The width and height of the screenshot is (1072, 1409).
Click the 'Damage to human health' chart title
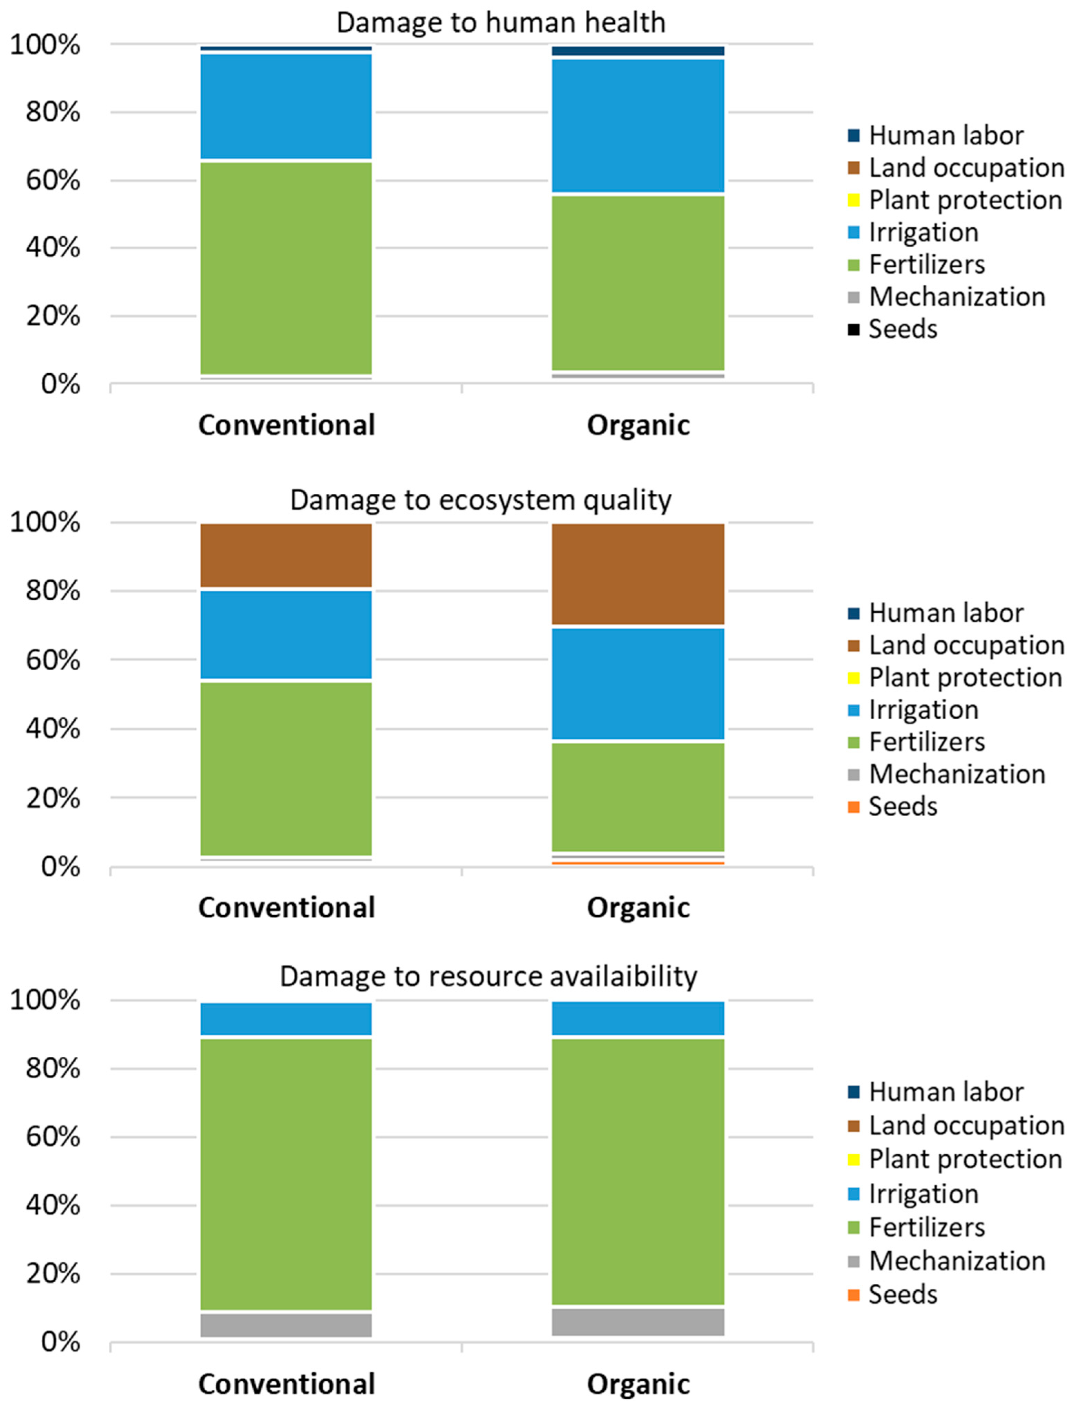501,23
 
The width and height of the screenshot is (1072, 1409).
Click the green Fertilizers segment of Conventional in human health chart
286,268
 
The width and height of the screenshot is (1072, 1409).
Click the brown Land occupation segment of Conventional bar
286,555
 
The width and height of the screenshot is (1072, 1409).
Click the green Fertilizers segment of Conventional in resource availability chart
286,1174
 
